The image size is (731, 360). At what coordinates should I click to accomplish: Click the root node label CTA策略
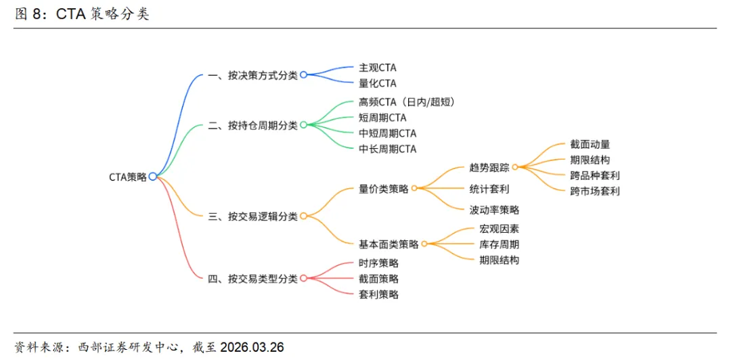tap(128, 177)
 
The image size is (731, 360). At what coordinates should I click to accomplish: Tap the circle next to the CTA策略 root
tap(153, 177)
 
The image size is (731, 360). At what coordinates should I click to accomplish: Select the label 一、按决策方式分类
tap(252, 75)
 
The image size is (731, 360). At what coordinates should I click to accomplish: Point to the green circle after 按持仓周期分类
tap(303, 125)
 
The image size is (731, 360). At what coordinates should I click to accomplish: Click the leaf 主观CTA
tap(378, 68)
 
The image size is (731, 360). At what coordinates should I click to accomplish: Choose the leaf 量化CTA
tap(378, 83)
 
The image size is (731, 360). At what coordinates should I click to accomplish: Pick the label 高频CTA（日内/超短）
tap(406, 102)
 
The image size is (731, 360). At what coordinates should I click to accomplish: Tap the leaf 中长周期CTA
tap(388, 149)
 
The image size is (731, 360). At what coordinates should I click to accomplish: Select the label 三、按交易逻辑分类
tap(252, 217)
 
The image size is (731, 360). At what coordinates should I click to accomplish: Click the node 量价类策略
tap(384, 189)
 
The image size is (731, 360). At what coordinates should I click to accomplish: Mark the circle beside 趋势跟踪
tap(515, 167)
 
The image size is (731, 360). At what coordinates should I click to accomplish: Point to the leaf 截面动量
tap(590, 144)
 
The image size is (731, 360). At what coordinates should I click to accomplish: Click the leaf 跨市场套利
tap(595, 191)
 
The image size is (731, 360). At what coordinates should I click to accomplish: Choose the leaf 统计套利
tap(489, 189)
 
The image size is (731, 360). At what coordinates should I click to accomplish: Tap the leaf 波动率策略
tap(495, 210)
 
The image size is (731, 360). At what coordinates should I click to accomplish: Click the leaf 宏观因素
tap(500, 229)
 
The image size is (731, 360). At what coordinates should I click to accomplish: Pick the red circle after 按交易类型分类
tap(303, 278)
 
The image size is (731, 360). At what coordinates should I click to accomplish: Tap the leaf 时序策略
tap(379, 263)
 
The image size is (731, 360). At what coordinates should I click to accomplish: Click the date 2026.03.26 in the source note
tap(252, 347)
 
